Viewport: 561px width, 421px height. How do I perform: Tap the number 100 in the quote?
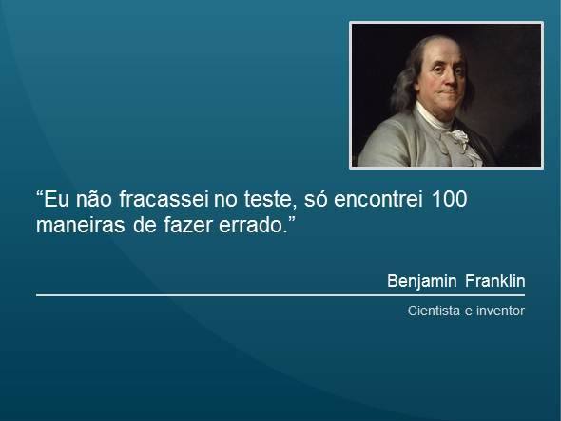(452, 203)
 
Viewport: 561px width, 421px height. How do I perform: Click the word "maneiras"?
(74, 229)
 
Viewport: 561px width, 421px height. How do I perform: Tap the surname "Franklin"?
(496, 282)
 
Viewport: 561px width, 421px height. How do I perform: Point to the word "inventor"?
(500, 311)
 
